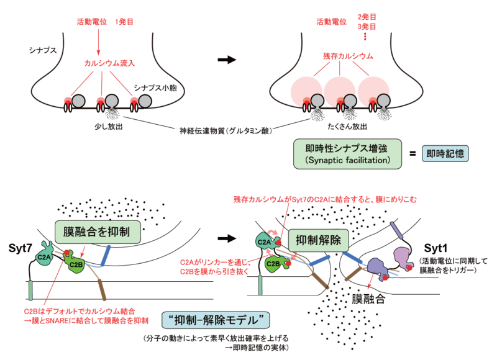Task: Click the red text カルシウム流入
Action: point(109,63)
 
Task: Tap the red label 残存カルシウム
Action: point(348,56)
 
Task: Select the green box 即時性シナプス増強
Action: point(347,154)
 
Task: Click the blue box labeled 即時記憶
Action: point(445,154)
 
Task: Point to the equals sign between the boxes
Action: point(413,154)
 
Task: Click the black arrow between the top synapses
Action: point(227,60)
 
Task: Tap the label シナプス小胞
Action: point(155,88)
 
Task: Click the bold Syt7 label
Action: point(21,248)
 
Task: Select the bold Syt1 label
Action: point(435,248)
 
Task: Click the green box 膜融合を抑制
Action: point(98,232)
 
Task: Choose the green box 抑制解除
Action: point(318,240)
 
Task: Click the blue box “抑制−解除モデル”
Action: point(216,320)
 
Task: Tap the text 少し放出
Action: point(108,127)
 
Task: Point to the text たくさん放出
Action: point(347,127)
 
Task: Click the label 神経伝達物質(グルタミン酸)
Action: point(226,130)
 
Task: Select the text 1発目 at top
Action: point(124,22)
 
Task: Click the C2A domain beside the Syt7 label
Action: point(44,254)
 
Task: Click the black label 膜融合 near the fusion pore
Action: point(368,299)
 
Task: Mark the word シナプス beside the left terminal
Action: point(42,50)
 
